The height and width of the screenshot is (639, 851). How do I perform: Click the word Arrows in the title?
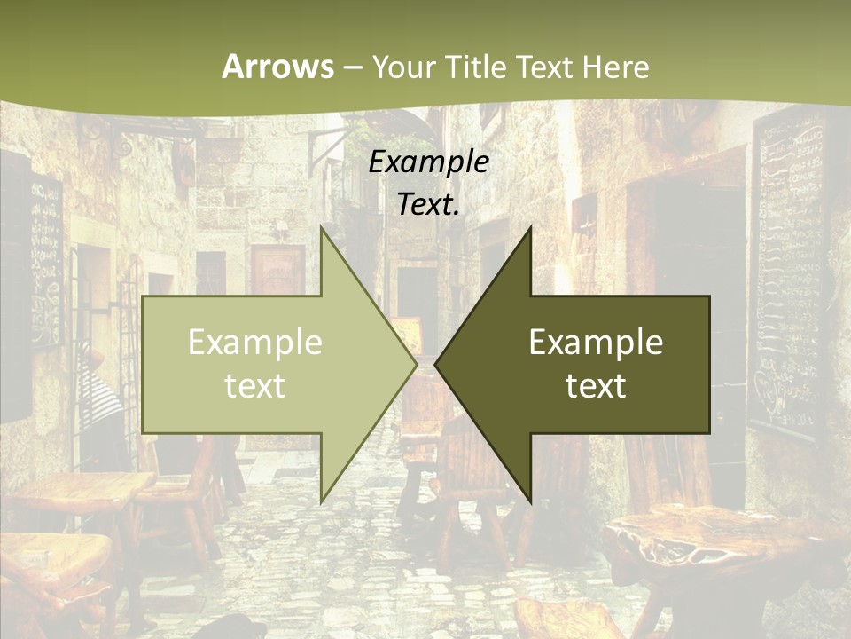pos(277,67)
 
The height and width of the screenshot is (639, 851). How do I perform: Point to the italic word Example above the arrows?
pos(428,162)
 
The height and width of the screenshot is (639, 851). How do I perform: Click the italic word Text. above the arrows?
pos(428,205)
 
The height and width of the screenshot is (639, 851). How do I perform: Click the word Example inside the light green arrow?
pos(255,343)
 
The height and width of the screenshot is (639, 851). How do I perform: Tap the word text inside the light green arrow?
pos(255,386)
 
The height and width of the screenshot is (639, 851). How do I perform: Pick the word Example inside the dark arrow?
pos(596,343)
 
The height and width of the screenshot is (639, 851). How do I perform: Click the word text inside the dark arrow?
pos(596,386)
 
